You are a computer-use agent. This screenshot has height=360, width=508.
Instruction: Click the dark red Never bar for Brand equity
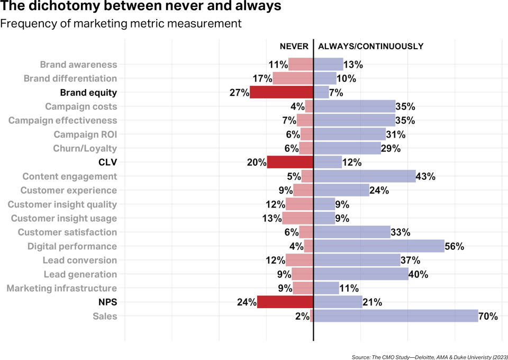click(x=282, y=93)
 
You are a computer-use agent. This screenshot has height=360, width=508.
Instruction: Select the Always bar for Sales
click(x=396, y=316)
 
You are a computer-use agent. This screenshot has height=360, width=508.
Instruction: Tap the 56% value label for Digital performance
click(x=455, y=246)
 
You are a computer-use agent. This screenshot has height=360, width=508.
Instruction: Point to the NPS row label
click(x=107, y=302)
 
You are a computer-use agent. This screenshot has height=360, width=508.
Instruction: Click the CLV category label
click(x=107, y=163)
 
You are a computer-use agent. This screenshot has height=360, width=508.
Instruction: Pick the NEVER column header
click(x=294, y=47)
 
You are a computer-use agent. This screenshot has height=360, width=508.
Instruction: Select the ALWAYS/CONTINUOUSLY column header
click(x=370, y=47)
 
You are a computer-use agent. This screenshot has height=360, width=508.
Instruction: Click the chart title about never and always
click(x=141, y=7)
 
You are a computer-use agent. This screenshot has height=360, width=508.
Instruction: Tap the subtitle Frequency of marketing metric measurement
click(x=121, y=24)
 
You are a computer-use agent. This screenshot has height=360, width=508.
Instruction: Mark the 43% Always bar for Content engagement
click(x=365, y=176)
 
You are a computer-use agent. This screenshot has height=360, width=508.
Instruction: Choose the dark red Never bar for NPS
click(x=285, y=302)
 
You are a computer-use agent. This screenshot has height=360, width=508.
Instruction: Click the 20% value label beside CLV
click(x=257, y=163)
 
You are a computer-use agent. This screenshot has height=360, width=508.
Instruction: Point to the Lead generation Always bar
click(x=361, y=274)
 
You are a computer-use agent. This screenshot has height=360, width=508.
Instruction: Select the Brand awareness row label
click(x=78, y=65)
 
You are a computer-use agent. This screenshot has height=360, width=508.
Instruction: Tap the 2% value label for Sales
click(x=302, y=317)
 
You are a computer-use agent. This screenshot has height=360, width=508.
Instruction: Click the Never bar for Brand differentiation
click(x=293, y=78)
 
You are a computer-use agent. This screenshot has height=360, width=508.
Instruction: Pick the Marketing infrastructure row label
click(x=62, y=289)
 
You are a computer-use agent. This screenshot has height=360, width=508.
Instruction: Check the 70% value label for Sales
click(x=488, y=317)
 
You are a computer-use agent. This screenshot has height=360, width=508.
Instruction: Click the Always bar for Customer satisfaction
click(x=352, y=232)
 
